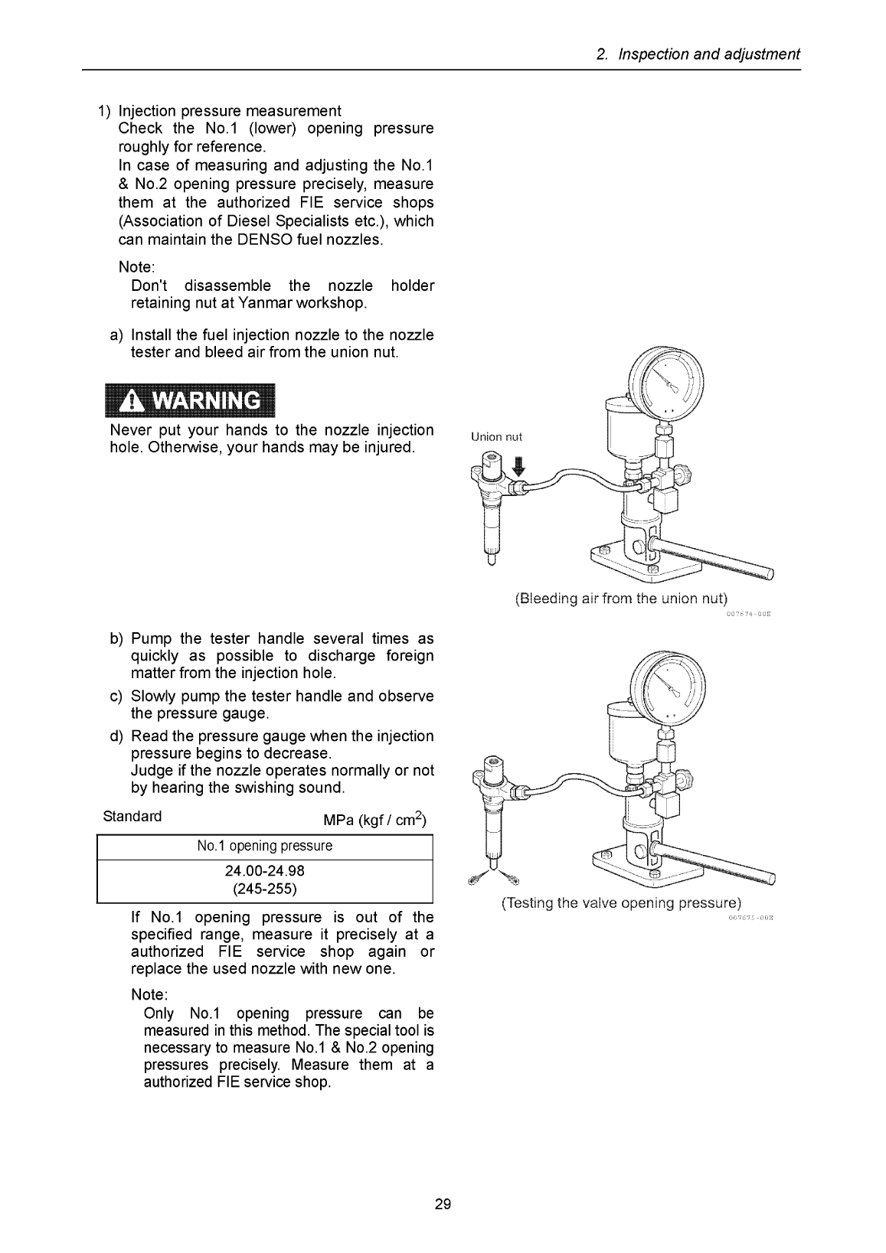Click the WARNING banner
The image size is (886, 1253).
[x=190, y=400]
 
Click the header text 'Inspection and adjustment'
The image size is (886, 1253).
[x=709, y=54]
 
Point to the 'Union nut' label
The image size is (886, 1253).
[x=496, y=437]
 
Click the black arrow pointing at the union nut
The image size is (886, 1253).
[x=520, y=466]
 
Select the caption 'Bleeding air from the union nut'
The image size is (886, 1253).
[x=621, y=599]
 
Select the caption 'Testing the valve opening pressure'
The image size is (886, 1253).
[x=621, y=903]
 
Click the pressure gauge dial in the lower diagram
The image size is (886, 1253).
[x=667, y=688]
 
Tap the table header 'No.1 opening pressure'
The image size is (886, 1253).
[x=265, y=846]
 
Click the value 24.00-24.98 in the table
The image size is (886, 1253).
[x=265, y=871]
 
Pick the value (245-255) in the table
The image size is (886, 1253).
[x=265, y=889]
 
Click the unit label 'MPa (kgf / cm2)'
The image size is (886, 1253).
[x=375, y=820]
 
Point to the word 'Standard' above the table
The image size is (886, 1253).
[x=132, y=816]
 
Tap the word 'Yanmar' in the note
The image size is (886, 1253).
[x=265, y=303]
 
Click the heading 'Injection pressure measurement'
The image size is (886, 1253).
[x=230, y=111]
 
